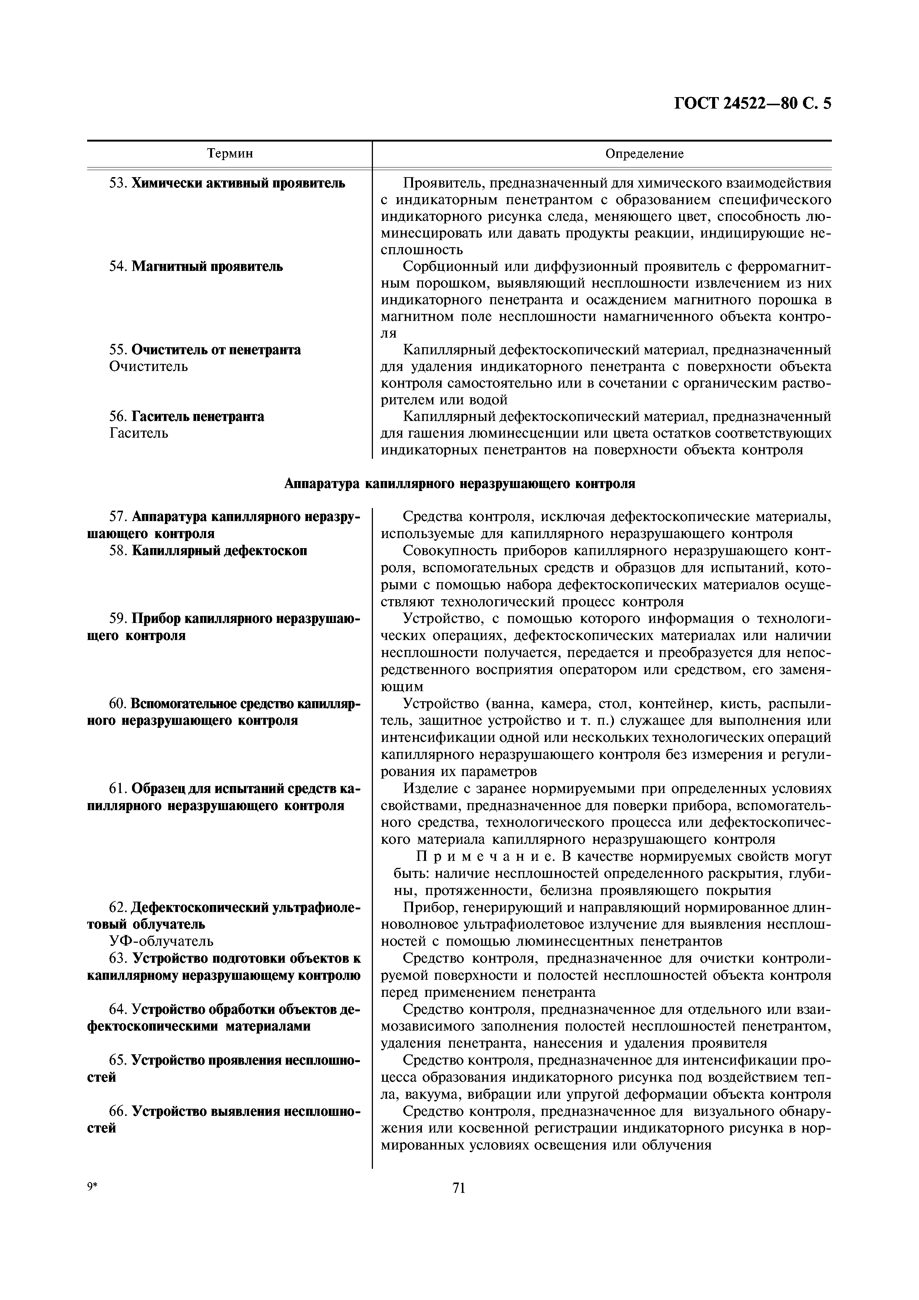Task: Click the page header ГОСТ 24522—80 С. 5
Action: click(753, 104)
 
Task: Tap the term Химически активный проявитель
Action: click(238, 183)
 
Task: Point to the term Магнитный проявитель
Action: click(207, 267)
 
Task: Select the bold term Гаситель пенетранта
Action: click(198, 417)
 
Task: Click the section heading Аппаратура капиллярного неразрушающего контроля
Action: click(459, 484)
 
